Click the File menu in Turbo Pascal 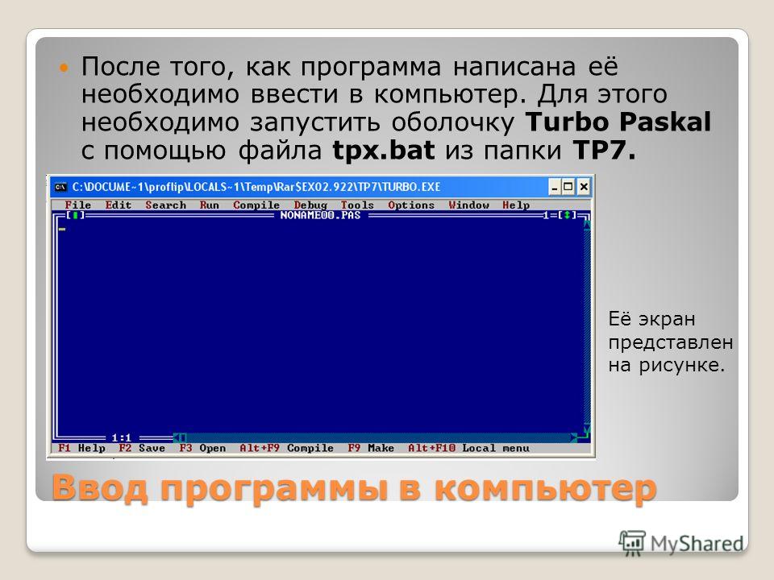click(78, 205)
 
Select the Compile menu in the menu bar click(256, 205)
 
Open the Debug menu click(310, 205)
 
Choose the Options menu click(411, 205)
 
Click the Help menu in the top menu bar click(516, 205)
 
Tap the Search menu click(165, 205)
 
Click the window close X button click(584, 186)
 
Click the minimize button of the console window click(555, 186)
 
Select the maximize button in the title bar click(568, 186)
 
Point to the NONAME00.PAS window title click(320, 215)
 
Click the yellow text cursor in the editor click(62, 229)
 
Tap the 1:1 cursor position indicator click(122, 437)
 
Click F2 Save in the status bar click(142, 448)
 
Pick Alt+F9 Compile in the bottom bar click(286, 448)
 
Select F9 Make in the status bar click(371, 448)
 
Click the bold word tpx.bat click(384, 150)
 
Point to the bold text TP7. click(604, 150)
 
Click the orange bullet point click(63, 67)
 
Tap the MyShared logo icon click(632, 543)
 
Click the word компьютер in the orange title click(546, 488)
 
